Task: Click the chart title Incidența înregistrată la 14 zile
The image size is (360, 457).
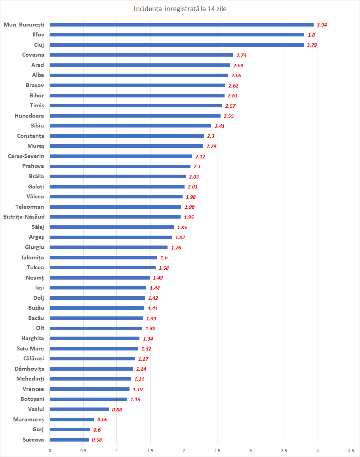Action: tap(180, 9)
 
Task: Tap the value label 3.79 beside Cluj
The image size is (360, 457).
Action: tap(312, 45)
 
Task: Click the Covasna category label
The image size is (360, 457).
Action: tap(33, 55)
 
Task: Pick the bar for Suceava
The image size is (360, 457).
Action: tap(69, 440)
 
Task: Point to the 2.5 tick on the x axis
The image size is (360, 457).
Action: tap(217, 451)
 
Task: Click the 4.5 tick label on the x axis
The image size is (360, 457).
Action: tap(351, 451)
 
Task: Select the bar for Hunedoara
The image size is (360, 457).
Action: tap(135, 116)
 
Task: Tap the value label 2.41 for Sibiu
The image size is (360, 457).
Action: tap(219, 126)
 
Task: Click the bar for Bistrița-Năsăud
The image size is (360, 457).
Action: tap(115, 217)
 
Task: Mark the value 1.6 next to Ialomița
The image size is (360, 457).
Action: tap(163, 257)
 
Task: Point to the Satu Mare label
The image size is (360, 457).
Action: tap(30, 348)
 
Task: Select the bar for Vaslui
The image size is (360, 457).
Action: tap(79, 409)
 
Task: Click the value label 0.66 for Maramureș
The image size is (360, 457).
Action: tap(102, 419)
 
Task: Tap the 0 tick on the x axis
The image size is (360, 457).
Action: tap(50, 451)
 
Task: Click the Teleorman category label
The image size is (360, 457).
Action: tap(30, 207)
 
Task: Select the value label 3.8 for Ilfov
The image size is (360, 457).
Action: tap(311, 35)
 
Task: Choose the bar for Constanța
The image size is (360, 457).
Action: tap(127, 136)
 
